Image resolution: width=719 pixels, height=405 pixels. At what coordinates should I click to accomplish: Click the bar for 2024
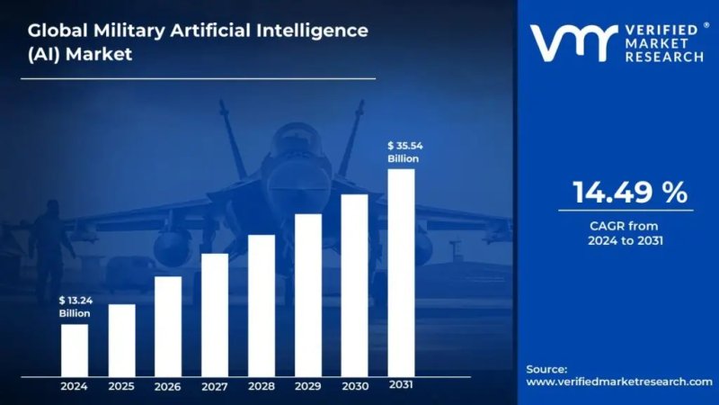pos(75,349)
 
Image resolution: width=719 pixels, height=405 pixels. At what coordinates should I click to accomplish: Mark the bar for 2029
pos(308,294)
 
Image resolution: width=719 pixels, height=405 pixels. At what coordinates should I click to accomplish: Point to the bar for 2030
pos(355,284)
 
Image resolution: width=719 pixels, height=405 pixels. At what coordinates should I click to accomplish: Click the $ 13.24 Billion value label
pos(75,306)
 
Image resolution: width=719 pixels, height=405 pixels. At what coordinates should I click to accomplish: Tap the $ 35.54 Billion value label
pos(404,151)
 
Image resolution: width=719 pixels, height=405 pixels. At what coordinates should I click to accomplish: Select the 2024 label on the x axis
pos(75,386)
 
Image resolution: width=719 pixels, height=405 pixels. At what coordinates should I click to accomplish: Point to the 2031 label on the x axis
pos(402,385)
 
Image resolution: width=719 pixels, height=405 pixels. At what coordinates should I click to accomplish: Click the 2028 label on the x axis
pos(262,386)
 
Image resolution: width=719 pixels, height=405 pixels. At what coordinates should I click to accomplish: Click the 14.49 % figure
pos(630,192)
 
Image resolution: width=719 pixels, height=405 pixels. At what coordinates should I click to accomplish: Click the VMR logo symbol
pos(570,42)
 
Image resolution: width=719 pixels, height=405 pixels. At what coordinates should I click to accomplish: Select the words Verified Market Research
pos(660,42)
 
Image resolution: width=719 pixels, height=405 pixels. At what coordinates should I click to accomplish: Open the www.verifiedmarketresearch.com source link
pos(618,382)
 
